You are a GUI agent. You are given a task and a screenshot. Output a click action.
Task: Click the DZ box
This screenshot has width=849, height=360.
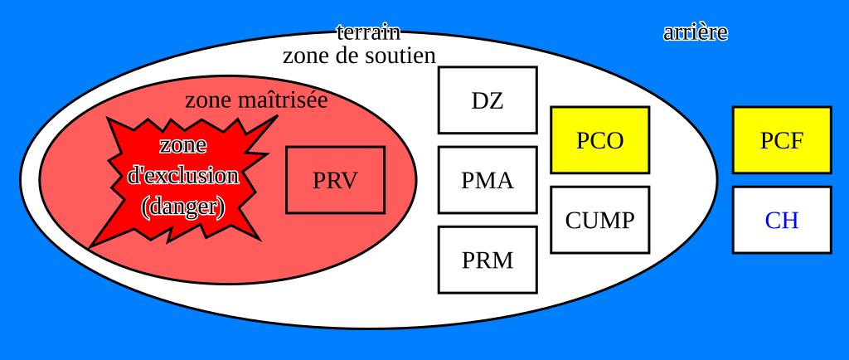click(487, 100)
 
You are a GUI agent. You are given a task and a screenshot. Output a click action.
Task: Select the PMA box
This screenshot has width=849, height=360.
click(487, 180)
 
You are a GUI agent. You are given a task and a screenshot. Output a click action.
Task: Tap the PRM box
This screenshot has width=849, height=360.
click(487, 260)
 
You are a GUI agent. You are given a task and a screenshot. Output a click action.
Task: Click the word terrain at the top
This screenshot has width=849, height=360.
click(368, 32)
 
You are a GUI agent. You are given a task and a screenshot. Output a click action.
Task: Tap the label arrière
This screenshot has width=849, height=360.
click(695, 33)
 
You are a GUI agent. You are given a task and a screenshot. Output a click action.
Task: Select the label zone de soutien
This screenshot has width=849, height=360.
click(359, 56)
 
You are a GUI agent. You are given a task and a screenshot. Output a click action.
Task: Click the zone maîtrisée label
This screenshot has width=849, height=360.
click(255, 100)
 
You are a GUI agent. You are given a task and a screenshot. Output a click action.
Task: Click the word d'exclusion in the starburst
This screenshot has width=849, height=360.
click(183, 176)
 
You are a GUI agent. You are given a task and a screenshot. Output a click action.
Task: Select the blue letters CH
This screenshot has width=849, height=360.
click(781, 221)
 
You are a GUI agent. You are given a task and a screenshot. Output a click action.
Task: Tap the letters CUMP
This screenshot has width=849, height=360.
click(599, 221)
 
